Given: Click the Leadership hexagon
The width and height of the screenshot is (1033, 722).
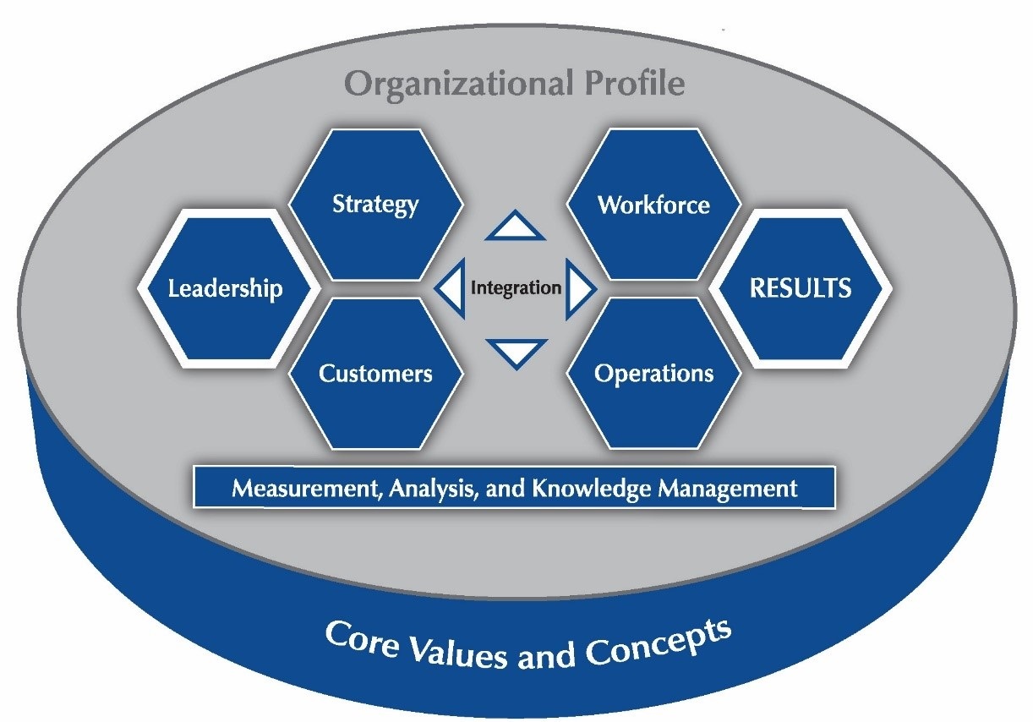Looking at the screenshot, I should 225,289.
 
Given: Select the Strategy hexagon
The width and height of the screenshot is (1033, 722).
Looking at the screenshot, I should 375,204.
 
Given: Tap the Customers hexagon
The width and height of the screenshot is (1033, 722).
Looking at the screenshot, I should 375,374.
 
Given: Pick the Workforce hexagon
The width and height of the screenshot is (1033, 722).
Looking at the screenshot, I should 653,205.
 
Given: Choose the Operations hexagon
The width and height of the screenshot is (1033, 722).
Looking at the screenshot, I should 653,374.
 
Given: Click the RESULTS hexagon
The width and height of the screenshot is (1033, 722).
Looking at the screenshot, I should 801,288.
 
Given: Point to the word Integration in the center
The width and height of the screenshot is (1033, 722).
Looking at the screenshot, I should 516,288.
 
